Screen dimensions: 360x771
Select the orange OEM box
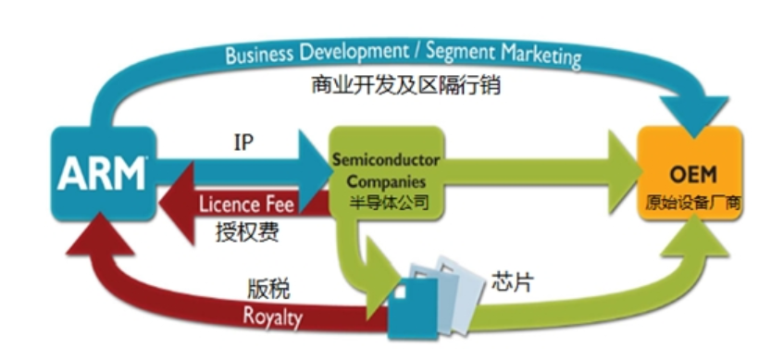[690, 173]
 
